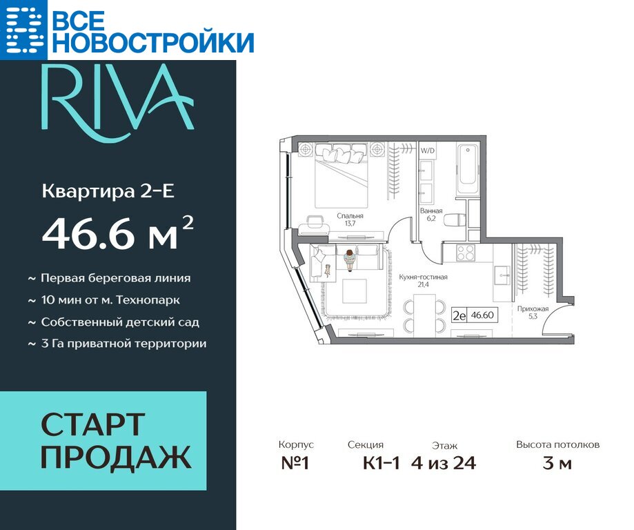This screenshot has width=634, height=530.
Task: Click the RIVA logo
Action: click(117, 103)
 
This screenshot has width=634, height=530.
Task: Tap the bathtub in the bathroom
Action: click(467, 170)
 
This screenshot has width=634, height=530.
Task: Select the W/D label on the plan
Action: click(428, 151)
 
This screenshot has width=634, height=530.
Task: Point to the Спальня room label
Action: click(350, 216)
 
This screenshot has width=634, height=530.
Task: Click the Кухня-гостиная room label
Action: click(423, 277)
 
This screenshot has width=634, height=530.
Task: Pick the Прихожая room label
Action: click(533, 308)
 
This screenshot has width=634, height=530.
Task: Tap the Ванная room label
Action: click(431, 210)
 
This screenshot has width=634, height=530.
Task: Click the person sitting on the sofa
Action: click(349, 259)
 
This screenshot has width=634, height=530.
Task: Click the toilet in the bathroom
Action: click(454, 221)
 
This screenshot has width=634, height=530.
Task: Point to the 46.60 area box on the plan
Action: click(474, 315)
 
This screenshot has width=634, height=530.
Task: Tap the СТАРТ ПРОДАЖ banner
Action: click(103, 440)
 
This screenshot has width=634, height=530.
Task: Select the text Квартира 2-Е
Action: click(108, 191)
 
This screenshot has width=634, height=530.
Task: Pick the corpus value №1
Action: click(295, 463)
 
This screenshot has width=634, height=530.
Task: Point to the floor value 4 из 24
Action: click(444, 463)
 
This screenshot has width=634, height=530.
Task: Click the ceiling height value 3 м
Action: click(557, 463)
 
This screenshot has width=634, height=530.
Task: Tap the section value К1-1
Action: click(382, 463)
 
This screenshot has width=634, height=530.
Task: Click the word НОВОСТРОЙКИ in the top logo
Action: click(153, 41)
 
